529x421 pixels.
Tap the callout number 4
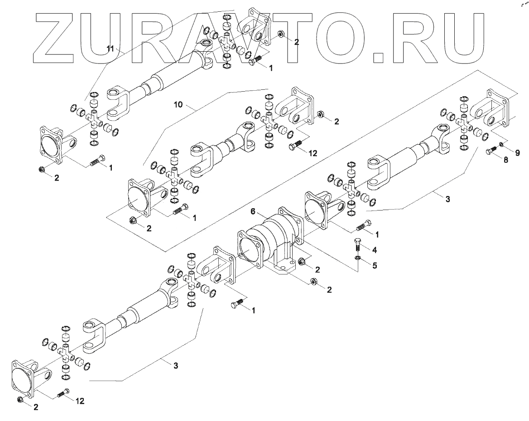[x=375, y=250]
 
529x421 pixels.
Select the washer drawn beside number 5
[x=357, y=259]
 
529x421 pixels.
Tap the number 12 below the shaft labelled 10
[x=313, y=153]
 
